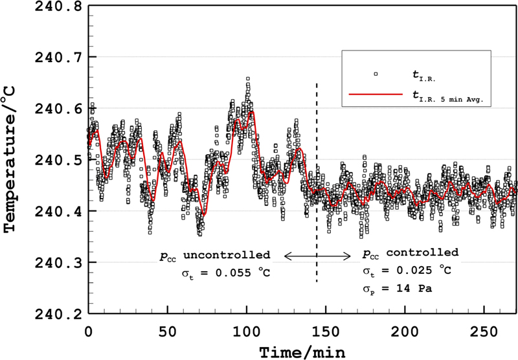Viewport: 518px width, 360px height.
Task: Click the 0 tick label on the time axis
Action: pos(89,330)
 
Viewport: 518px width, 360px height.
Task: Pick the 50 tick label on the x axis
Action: pos(168,330)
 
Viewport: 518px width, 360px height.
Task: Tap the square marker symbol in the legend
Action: pos(375,74)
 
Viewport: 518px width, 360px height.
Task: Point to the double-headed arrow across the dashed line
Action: pos(317,258)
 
